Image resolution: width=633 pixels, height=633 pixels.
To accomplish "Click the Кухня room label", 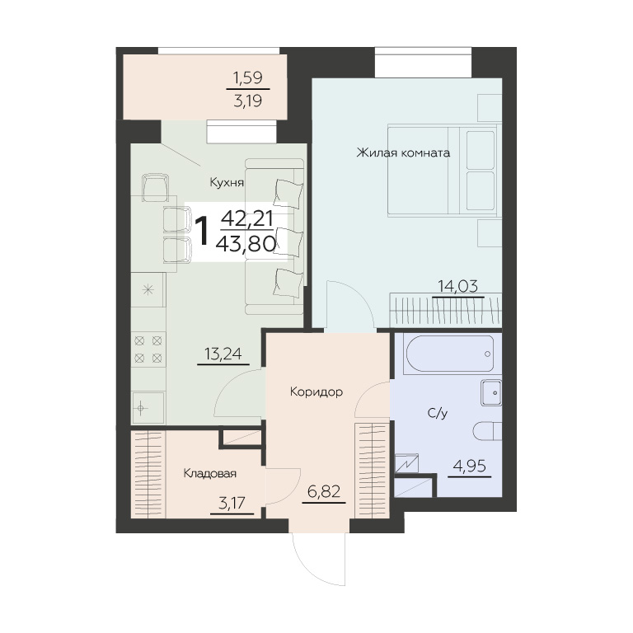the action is (227, 183).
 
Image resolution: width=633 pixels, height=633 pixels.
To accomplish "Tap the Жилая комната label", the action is (403, 153).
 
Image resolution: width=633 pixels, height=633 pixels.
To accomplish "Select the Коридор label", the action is (316, 392).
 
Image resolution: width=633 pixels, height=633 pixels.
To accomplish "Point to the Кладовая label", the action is (210, 473).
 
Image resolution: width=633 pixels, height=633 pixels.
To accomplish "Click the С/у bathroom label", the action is (438, 413).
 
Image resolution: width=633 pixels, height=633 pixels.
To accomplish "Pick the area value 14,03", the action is (457, 286).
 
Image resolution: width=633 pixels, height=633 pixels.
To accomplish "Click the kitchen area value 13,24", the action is (223, 354).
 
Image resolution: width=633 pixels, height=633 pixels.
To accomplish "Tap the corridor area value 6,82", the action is (324, 492).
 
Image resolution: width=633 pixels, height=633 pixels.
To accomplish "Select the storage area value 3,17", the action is (232, 503).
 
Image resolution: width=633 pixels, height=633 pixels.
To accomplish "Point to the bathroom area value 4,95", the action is (470, 467).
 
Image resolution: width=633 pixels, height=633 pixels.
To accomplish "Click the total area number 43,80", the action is (246, 243).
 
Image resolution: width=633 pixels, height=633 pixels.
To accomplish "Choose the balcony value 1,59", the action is (248, 77).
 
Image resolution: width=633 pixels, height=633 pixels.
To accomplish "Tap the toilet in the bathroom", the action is (487, 432).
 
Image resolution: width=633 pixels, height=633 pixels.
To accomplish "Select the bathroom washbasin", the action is (491, 392).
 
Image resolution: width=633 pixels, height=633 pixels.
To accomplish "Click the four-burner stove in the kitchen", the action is (148, 349).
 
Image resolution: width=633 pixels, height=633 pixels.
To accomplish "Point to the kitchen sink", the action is (148, 408).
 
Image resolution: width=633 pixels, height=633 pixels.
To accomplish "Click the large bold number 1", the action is (202, 230).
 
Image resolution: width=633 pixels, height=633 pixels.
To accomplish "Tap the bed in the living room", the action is (444, 171).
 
